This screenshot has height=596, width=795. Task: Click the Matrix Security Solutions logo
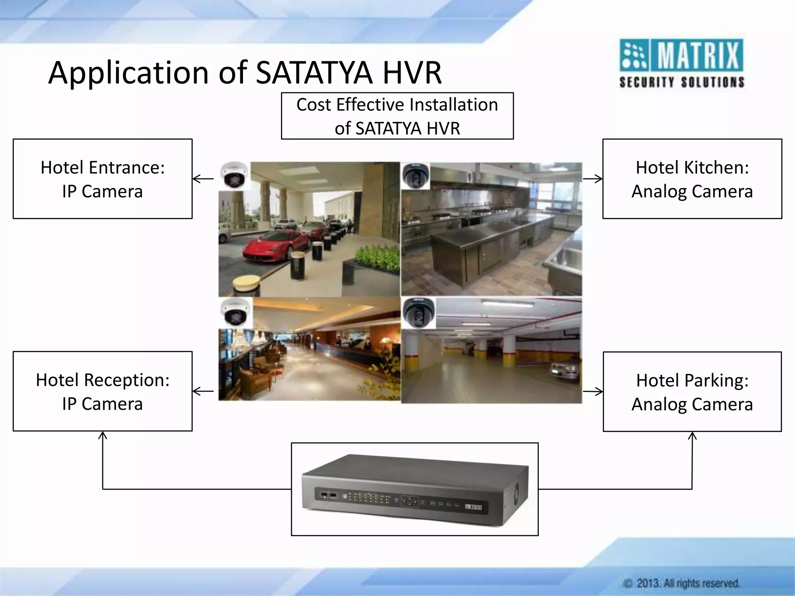681,63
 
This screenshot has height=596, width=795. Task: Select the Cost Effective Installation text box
397,116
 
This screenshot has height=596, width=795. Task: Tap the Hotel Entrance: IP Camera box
102,179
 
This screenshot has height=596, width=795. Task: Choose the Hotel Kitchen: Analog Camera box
692,179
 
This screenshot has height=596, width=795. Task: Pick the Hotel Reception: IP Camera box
102,391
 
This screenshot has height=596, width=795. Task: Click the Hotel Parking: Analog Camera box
692,392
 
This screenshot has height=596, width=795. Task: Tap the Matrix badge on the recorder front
474,507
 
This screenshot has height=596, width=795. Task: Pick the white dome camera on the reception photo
234,312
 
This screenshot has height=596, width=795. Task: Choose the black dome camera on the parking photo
418,313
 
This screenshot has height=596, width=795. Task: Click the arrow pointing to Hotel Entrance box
203,179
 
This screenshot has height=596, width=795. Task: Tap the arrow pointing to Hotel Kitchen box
592,179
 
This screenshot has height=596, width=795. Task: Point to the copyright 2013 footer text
681,583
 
